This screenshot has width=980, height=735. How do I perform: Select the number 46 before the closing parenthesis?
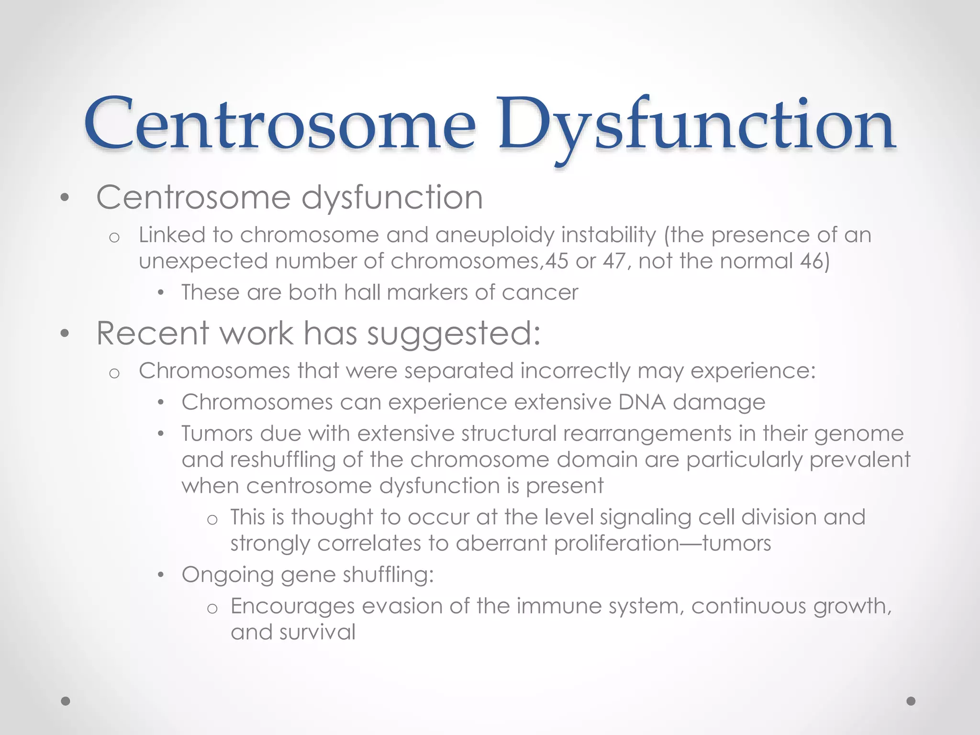[x=812, y=261]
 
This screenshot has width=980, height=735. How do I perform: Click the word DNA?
[x=641, y=402]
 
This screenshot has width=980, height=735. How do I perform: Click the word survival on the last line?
[x=318, y=633]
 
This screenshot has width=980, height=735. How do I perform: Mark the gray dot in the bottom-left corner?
[x=66, y=701]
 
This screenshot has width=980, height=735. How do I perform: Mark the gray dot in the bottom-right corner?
[x=911, y=701]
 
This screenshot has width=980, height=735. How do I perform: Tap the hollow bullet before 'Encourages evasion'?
[x=212, y=608]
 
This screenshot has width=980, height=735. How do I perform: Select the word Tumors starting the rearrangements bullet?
[x=217, y=434]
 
